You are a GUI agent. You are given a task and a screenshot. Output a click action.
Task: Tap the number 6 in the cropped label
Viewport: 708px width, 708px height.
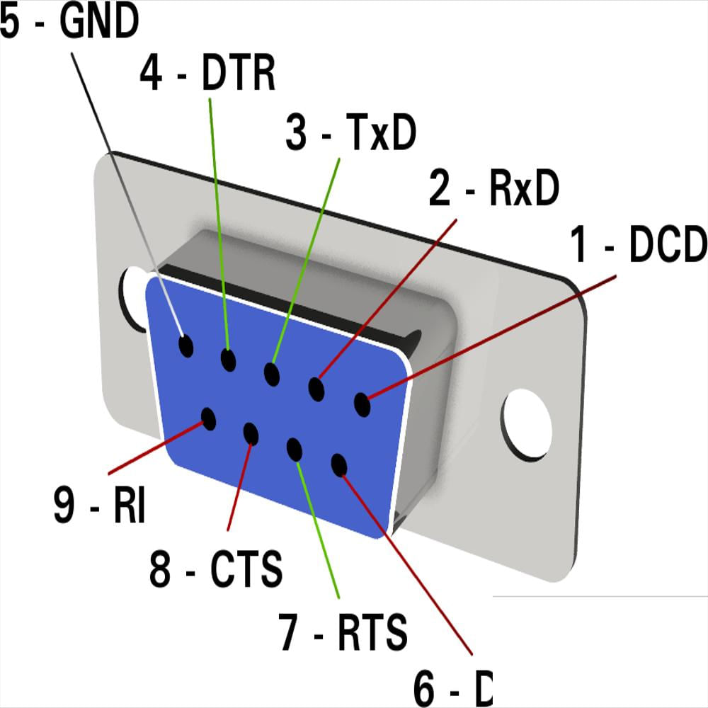click(430, 688)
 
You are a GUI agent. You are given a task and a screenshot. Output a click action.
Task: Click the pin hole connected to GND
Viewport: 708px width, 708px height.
click(186, 346)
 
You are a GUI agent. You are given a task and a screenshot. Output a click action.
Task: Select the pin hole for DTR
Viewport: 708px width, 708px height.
click(228, 360)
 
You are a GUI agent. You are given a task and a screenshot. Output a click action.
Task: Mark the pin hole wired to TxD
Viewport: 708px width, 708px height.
click(271, 374)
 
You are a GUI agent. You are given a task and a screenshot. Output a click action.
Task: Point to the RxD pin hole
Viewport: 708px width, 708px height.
click(316, 389)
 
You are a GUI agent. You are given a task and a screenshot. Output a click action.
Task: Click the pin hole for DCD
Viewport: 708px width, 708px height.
click(362, 405)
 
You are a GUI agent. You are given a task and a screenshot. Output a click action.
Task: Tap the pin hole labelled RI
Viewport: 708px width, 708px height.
click(208, 418)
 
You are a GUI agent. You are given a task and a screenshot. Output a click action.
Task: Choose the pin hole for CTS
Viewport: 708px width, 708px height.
click(251, 433)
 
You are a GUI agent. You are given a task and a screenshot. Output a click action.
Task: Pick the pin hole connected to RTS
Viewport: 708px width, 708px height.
click(295, 450)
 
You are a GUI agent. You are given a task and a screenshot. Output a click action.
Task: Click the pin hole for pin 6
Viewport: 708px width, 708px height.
click(339, 465)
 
